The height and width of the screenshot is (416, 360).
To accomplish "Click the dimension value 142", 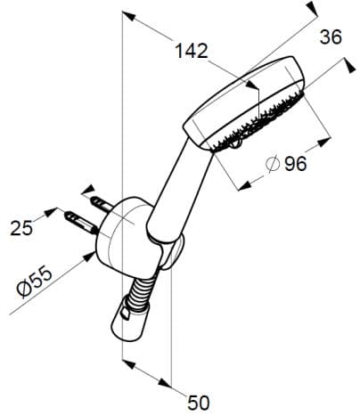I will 190,52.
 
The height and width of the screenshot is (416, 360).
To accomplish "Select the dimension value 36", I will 330,37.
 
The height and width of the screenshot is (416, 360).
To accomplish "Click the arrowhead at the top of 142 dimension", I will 127,15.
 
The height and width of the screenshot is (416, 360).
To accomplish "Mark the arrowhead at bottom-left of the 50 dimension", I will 126,363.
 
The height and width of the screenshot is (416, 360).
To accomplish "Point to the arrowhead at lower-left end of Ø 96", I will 241,185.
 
